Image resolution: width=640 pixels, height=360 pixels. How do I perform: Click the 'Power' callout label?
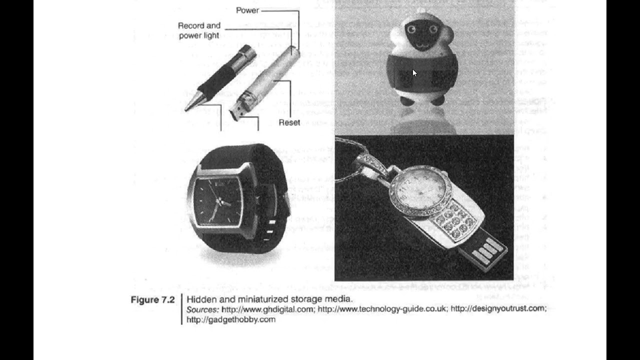[x=247, y=10]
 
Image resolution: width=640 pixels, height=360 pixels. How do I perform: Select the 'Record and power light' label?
[x=199, y=30]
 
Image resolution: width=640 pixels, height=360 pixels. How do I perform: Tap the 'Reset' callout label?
[x=289, y=122]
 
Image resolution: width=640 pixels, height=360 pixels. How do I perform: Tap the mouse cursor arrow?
[x=414, y=73]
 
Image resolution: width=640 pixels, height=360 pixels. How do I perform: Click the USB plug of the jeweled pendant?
[x=485, y=250]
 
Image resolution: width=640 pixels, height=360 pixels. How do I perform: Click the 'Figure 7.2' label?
[x=152, y=300]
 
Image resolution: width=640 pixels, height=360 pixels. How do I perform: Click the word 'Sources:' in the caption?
[x=202, y=309]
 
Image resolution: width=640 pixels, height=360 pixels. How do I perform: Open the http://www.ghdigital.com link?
[x=267, y=309]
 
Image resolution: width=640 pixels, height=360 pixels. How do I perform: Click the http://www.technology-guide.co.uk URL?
[x=382, y=309]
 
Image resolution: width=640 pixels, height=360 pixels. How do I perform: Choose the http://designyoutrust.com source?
[x=498, y=308]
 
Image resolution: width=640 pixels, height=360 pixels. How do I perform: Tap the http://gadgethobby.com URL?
[x=231, y=319]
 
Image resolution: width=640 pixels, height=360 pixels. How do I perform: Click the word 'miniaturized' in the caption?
[x=259, y=299]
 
